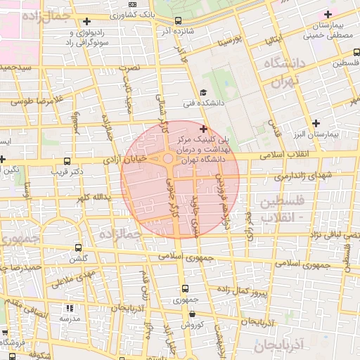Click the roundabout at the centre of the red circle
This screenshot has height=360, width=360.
pyautogui.click(x=169, y=160)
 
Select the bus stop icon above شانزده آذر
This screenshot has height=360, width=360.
pyautogui.click(x=177, y=20)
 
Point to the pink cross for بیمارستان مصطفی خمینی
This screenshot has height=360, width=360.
pyautogui.click(x=327, y=15)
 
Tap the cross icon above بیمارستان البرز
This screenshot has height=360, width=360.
pyautogui.click(x=316, y=123)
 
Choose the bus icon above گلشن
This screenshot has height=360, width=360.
pyautogui.click(x=77, y=247)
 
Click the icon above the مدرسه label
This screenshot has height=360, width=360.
pyautogui.click(x=69, y=308)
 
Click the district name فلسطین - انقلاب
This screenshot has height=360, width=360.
pyautogui.click(x=282, y=210)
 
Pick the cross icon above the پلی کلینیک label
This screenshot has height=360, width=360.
pyautogui.click(x=203, y=129)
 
